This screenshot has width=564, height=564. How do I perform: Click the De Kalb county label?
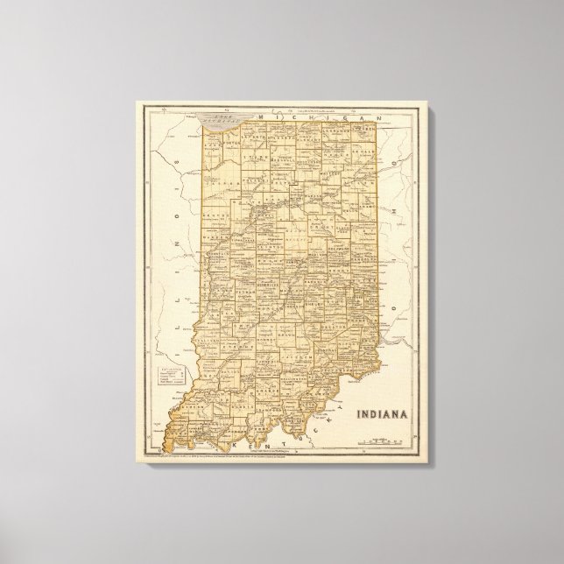click(x=367, y=152)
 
